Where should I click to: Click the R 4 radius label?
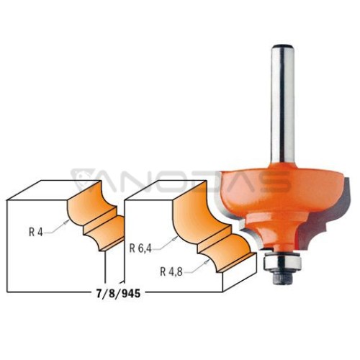pos(35,232)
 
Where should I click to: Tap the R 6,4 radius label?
pos(140,248)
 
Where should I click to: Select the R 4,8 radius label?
pos(171,272)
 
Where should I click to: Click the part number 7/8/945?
pos(118,294)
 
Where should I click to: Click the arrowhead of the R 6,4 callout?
pos(175,238)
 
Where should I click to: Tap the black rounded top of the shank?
pos(282,47)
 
